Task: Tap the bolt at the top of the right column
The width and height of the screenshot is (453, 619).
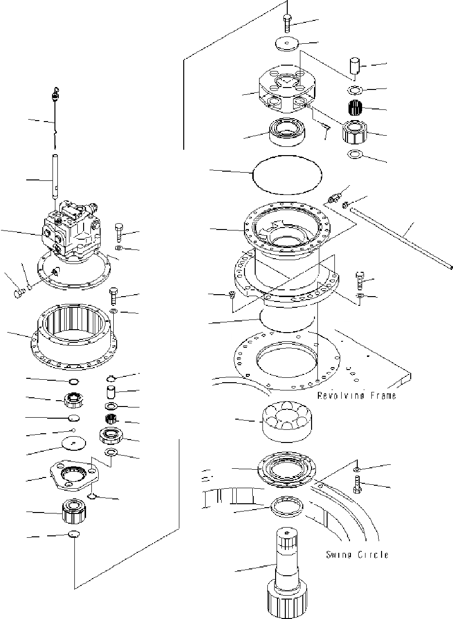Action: click(x=286, y=23)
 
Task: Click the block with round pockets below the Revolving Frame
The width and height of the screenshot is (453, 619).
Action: click(x=286, y=422)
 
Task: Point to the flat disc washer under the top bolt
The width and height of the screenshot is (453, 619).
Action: click(x=287, y=45)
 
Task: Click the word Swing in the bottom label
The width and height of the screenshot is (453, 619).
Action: click(x=339, y=554)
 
